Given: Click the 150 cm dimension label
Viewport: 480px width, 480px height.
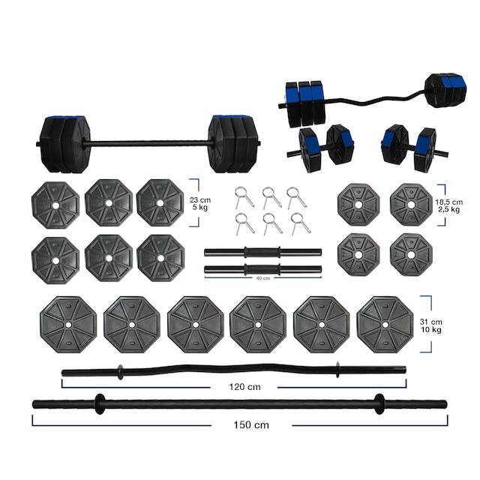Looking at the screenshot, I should (x=250, y=424).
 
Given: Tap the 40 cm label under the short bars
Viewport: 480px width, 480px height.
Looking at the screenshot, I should (x=261, y=278).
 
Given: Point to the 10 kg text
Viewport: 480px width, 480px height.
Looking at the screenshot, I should (x=450, y=331).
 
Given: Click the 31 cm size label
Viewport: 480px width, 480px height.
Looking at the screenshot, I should (x=450, y=322).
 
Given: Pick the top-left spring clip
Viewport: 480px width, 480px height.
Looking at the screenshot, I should (x=240, y=196).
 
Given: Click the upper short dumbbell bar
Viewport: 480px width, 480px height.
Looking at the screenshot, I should (x=262, y=252).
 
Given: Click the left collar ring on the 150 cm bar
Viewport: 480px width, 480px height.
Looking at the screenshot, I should (x=97, y=403).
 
